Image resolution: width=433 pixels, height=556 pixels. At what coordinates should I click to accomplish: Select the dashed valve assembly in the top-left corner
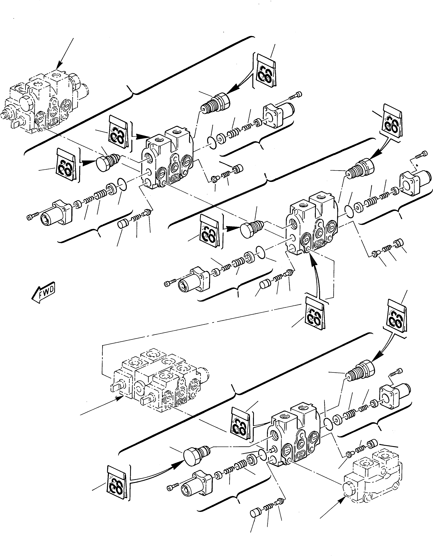click(x=43, y=102)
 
